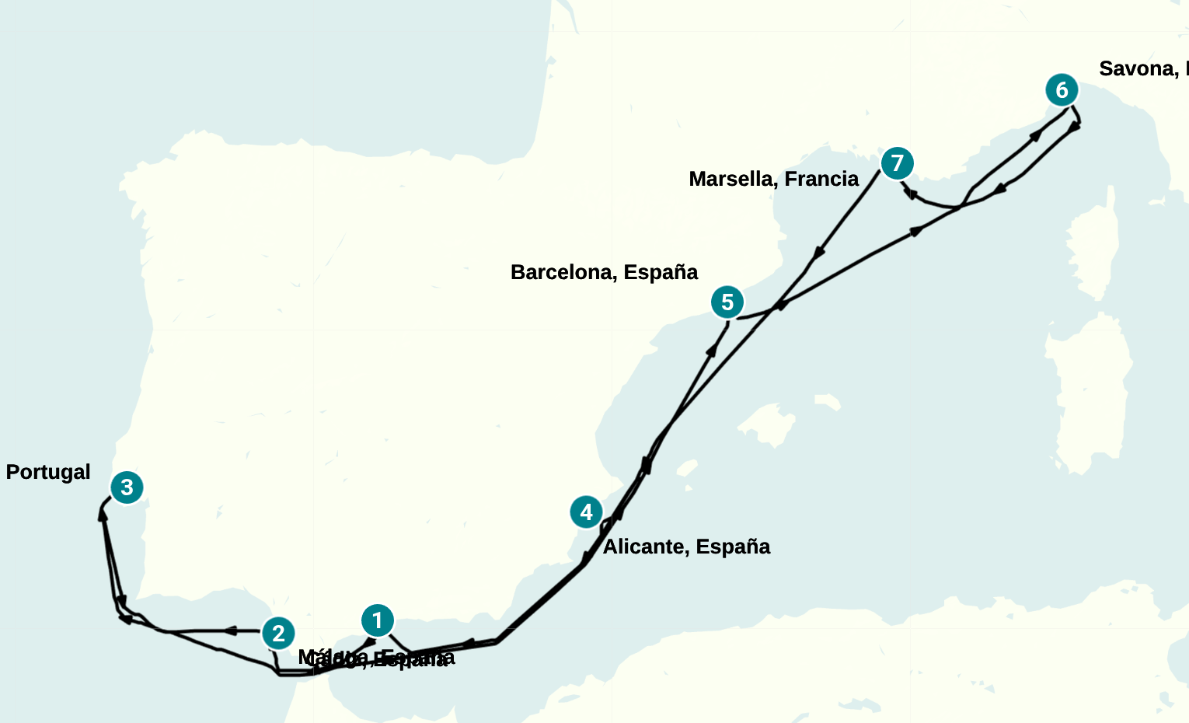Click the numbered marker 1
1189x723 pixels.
tap(378, 620)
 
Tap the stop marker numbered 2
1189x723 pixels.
tap(278, 634)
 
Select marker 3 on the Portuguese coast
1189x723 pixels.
tap(127, 487)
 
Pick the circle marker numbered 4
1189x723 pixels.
tap(586, 512)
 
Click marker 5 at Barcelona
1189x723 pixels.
tap(727, 302)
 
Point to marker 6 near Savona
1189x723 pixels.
tap(1062, 90)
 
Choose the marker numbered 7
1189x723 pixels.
tap(898, 163)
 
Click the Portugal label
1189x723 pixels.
tap(48, 472)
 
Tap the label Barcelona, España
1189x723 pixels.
tap(604, 272)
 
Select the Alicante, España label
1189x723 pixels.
tap(686, 547)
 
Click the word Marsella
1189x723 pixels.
tap(730, 179)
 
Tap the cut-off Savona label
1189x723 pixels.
tap(1142, 68)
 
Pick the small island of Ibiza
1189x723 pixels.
tap(686, 469)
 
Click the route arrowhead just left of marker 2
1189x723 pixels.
tap(230, 630)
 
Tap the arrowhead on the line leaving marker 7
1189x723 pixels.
tap(818, 253)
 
